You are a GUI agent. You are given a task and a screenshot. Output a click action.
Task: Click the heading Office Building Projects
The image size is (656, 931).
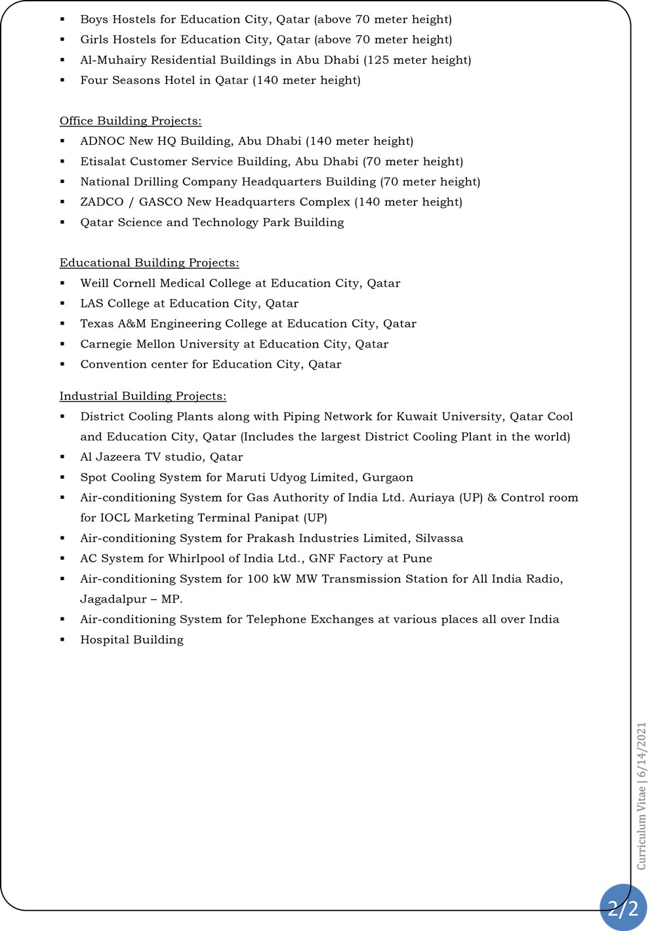[x=131, y=121]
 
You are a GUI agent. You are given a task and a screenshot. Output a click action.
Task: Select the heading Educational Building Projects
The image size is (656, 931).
[x=149, y=263]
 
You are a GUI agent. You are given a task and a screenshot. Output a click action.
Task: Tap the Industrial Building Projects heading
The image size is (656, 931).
[x=143, y=396]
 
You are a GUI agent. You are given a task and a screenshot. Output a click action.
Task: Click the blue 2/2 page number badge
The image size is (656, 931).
[x=623, y=908]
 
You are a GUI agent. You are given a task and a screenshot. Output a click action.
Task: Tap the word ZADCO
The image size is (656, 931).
[x=102, y=202]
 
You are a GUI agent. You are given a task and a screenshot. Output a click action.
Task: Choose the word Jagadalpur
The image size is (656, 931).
[x=113, y=599]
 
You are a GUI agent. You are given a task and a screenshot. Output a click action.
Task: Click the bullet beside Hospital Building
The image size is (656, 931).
[x=63, y=640]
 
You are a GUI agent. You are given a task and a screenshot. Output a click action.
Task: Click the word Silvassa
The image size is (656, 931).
[x=439, y=538]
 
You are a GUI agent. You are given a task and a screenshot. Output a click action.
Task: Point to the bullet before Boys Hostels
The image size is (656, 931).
[x=63, y=20]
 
